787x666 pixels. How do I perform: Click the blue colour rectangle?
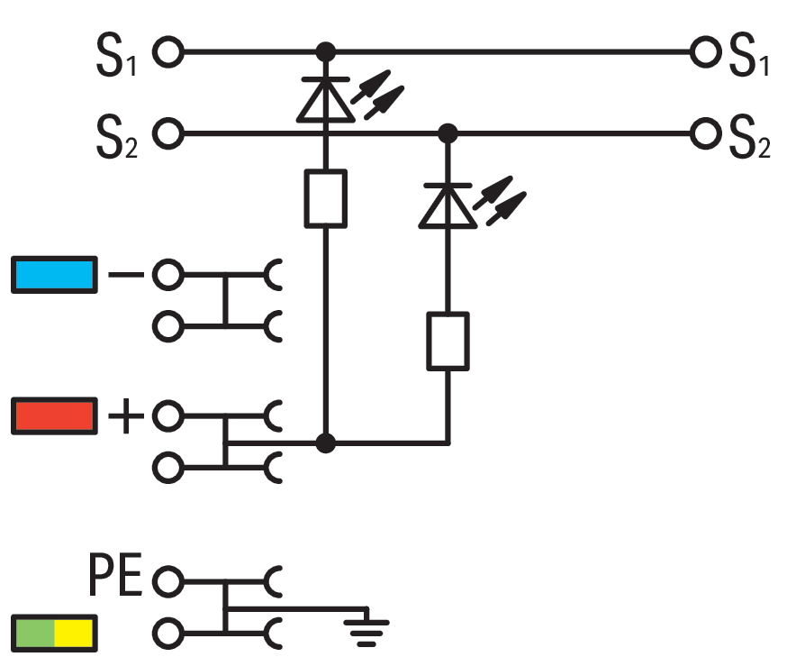coord(54,275)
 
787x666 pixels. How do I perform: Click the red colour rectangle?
coord(54,415)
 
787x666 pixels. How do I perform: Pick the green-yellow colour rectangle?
coord(54,634)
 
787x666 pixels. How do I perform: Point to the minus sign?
coord(126,274)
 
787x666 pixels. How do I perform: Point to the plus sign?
coord(126,415)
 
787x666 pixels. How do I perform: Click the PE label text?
coord(115,575)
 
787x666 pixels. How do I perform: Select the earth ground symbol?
coord(366,627)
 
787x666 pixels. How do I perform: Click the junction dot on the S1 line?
coord(326,51)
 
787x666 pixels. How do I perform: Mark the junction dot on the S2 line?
coord(448,133)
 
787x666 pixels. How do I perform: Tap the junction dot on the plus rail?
coord(326,443)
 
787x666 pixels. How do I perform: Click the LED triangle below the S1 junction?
coord(326,100)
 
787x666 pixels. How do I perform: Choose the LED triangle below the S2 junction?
coord(448,205)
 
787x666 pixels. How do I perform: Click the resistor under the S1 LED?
coord(326,198)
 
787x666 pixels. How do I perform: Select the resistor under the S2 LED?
coord(448,342)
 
